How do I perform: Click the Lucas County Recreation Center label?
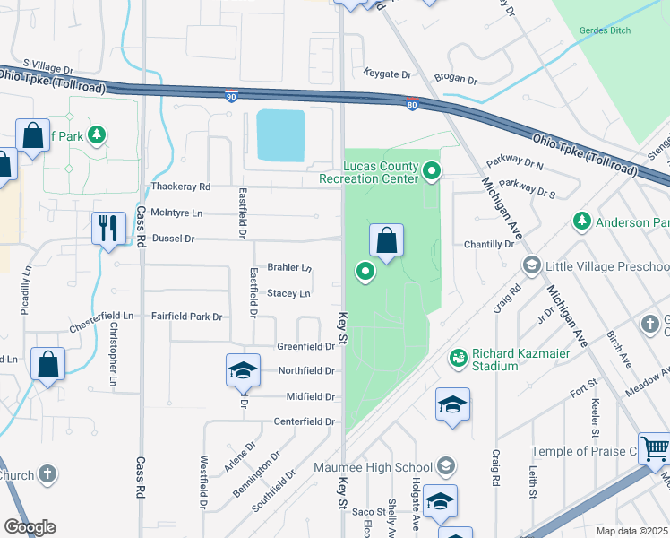368,172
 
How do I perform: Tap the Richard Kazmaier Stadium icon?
459,358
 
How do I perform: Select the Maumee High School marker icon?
445,466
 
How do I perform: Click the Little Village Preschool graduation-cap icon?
532,265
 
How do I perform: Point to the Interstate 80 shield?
411,105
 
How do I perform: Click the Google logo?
30,527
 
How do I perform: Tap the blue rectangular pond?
280,135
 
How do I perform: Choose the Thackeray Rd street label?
180,187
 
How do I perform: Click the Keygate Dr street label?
387,74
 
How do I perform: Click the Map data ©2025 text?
631,531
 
